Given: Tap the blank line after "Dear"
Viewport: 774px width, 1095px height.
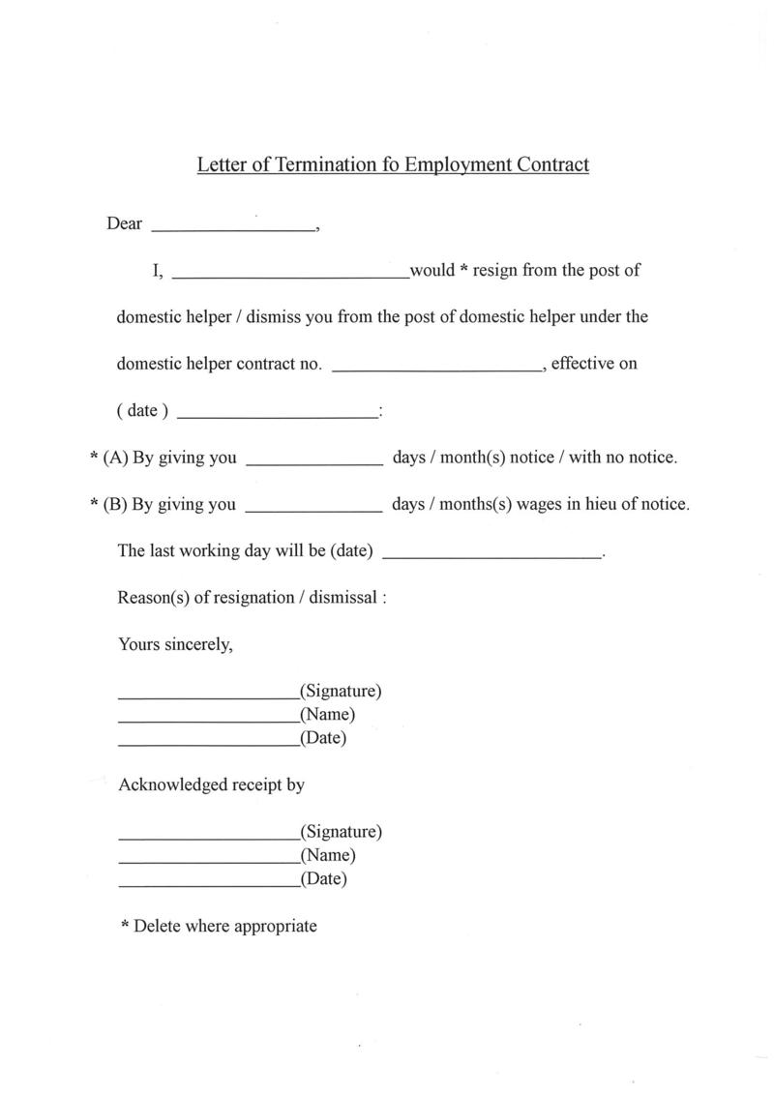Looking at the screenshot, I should pos(233,228).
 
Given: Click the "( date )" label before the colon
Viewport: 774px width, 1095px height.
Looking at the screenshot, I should pos(142,410).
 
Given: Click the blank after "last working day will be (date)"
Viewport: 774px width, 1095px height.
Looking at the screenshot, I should pos(492,555).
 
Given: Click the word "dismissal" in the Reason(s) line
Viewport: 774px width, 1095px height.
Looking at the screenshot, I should pos(343,597).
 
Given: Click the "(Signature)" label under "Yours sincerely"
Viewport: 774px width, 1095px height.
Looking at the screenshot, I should pos(341,691).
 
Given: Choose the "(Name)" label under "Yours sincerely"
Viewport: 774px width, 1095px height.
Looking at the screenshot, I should pos(327,715).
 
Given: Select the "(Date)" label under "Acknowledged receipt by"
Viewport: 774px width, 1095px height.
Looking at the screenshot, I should pos(323,879).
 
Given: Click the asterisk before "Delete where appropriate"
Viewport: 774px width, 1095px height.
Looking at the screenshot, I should pos(125,927).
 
